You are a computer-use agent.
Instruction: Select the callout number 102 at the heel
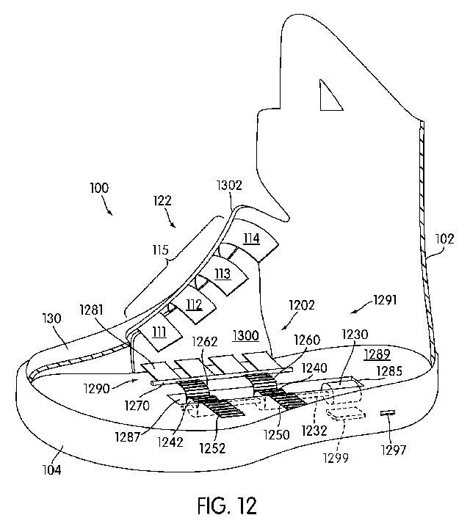tap(445, 238)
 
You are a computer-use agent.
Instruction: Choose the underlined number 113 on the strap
tap(223, 274)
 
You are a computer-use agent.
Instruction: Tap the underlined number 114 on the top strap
tap(252, 238)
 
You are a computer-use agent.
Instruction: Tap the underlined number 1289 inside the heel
tap(378, 354)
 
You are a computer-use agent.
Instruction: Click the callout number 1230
tap(355, 335)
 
